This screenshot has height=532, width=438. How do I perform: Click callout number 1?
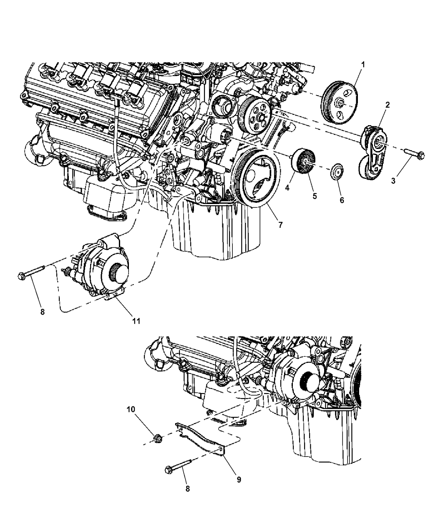coord(363,65)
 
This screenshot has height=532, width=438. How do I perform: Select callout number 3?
coord(393,181)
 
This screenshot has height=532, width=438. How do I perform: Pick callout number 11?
coord(136,321)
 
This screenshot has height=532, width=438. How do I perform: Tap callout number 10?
coord(131,409)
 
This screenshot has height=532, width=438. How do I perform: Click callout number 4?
coord(287,188)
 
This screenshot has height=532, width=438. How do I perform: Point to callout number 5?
coord(315,196)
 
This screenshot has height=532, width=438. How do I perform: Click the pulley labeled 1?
coord(339,103)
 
